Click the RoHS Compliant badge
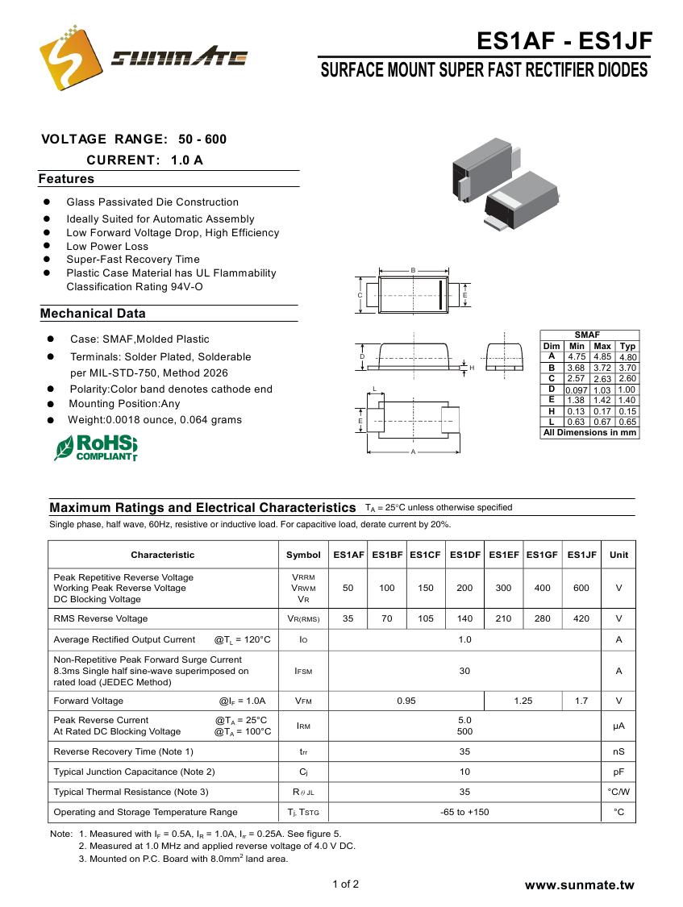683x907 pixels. [x=95, y=447]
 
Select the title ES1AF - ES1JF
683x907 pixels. [x=564, y=41]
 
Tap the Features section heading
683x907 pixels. [x=66, y=179]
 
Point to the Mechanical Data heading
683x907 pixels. [x=93, y=314]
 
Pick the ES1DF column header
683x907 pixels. [x=464, y=555]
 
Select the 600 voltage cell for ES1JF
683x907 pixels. [x=581, y=588]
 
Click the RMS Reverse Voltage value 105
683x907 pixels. [x=426, y=618]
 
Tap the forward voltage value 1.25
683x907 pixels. [x=523, y=701]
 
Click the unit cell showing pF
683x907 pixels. [x=618, y=772]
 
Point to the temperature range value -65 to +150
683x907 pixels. [x=464, y=812]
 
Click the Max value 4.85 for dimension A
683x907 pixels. [x=602, y=356]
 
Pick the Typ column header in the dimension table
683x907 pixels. [x=627, y=346]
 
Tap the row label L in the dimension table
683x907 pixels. [x=552, y=421]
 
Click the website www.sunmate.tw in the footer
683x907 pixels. [x=579, y=885]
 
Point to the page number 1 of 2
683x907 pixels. [x=345, y=884]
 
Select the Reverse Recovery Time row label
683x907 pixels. [x=123, y=751]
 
